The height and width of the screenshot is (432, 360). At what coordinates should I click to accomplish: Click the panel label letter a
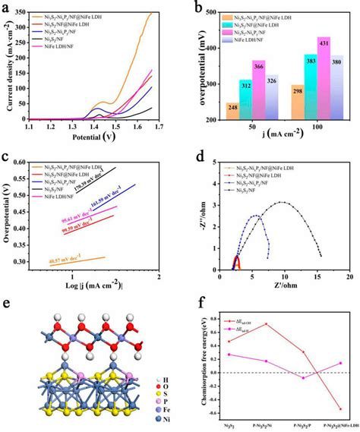tap(6, 7)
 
